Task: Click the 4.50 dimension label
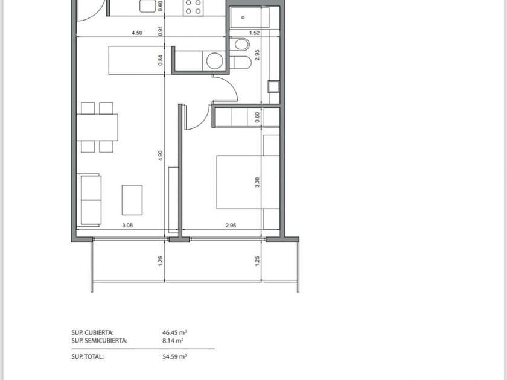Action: [137, 33]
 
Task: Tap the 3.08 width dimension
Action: [127, 226]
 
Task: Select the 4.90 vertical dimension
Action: [161, 156]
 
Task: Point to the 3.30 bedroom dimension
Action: [257, 182]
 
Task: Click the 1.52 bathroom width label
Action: [255, 33]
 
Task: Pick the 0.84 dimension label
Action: [161, 60]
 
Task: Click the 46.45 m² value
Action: [174, 332]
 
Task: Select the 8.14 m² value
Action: [173, 340]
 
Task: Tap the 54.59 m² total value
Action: [174, 356]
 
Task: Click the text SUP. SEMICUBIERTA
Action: [99, 340]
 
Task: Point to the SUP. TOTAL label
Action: [88, 356]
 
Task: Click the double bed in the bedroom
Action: [248, 182]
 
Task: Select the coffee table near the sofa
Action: [132, 200]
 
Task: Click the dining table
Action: [97, 127]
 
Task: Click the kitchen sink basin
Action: [147, 6]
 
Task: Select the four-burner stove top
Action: [193, 7]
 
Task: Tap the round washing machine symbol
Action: [215, 60]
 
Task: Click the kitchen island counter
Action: [139, 60]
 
